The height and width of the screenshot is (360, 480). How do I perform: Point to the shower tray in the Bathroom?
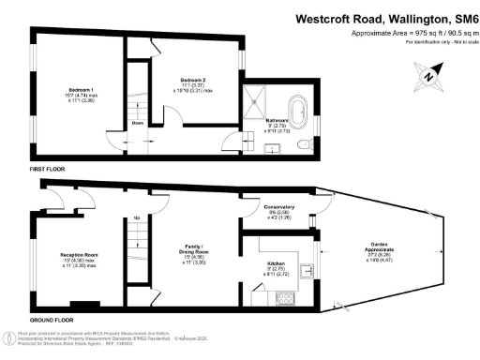click(256, 100)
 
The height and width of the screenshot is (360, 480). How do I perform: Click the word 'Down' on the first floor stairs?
click(138, 123)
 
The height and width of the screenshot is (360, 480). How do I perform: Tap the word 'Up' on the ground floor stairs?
click(138, 218)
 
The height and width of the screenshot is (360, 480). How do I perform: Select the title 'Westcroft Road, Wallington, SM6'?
click(386, 18)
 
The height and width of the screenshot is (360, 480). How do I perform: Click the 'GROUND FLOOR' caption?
click(52, 320)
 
